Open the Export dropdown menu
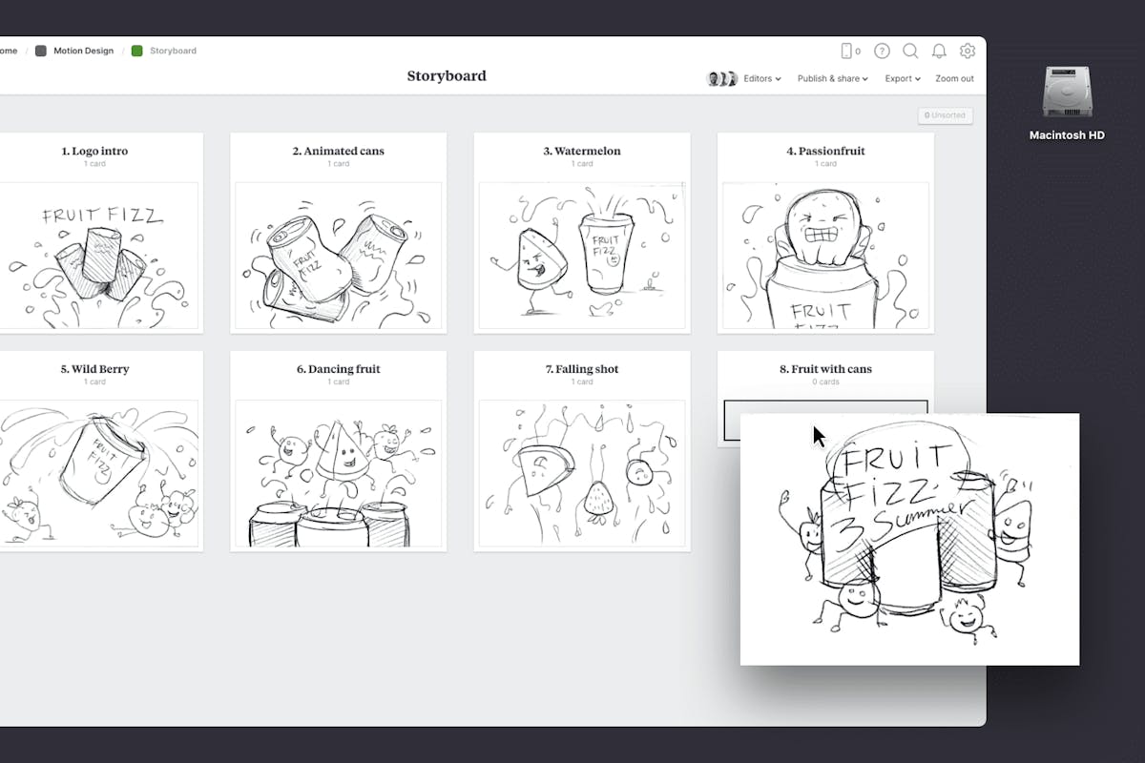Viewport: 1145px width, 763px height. [x=902, y=79]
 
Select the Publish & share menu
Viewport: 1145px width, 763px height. [x=832, y=79]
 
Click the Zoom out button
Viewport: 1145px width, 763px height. [x=954, y=79]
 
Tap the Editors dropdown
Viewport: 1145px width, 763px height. [x=761, y=79]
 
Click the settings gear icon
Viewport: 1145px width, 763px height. [x=968, y=51]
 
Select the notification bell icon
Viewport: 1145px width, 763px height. [x=939, y=51]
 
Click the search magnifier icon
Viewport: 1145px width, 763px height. [x=910, y=51]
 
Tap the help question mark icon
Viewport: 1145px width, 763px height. [x=882, y=51]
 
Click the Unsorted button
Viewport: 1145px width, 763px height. [x=946, y=115]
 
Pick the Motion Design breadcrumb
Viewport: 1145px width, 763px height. [x=84, y=51]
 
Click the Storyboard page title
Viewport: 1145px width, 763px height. [x=447, y=76]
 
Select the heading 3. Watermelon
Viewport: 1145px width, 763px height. [x=582, y=151]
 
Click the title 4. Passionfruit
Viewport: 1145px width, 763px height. [x=825, y=151]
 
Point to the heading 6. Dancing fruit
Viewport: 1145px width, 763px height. [x=339, y=369]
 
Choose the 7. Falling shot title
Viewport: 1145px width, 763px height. [x=582, y=369]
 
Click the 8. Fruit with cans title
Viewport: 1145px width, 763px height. [x=825, y=369]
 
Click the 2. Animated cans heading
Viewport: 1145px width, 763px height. [x=339, y=151]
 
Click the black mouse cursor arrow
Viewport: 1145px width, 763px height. [x=818, y=436]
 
